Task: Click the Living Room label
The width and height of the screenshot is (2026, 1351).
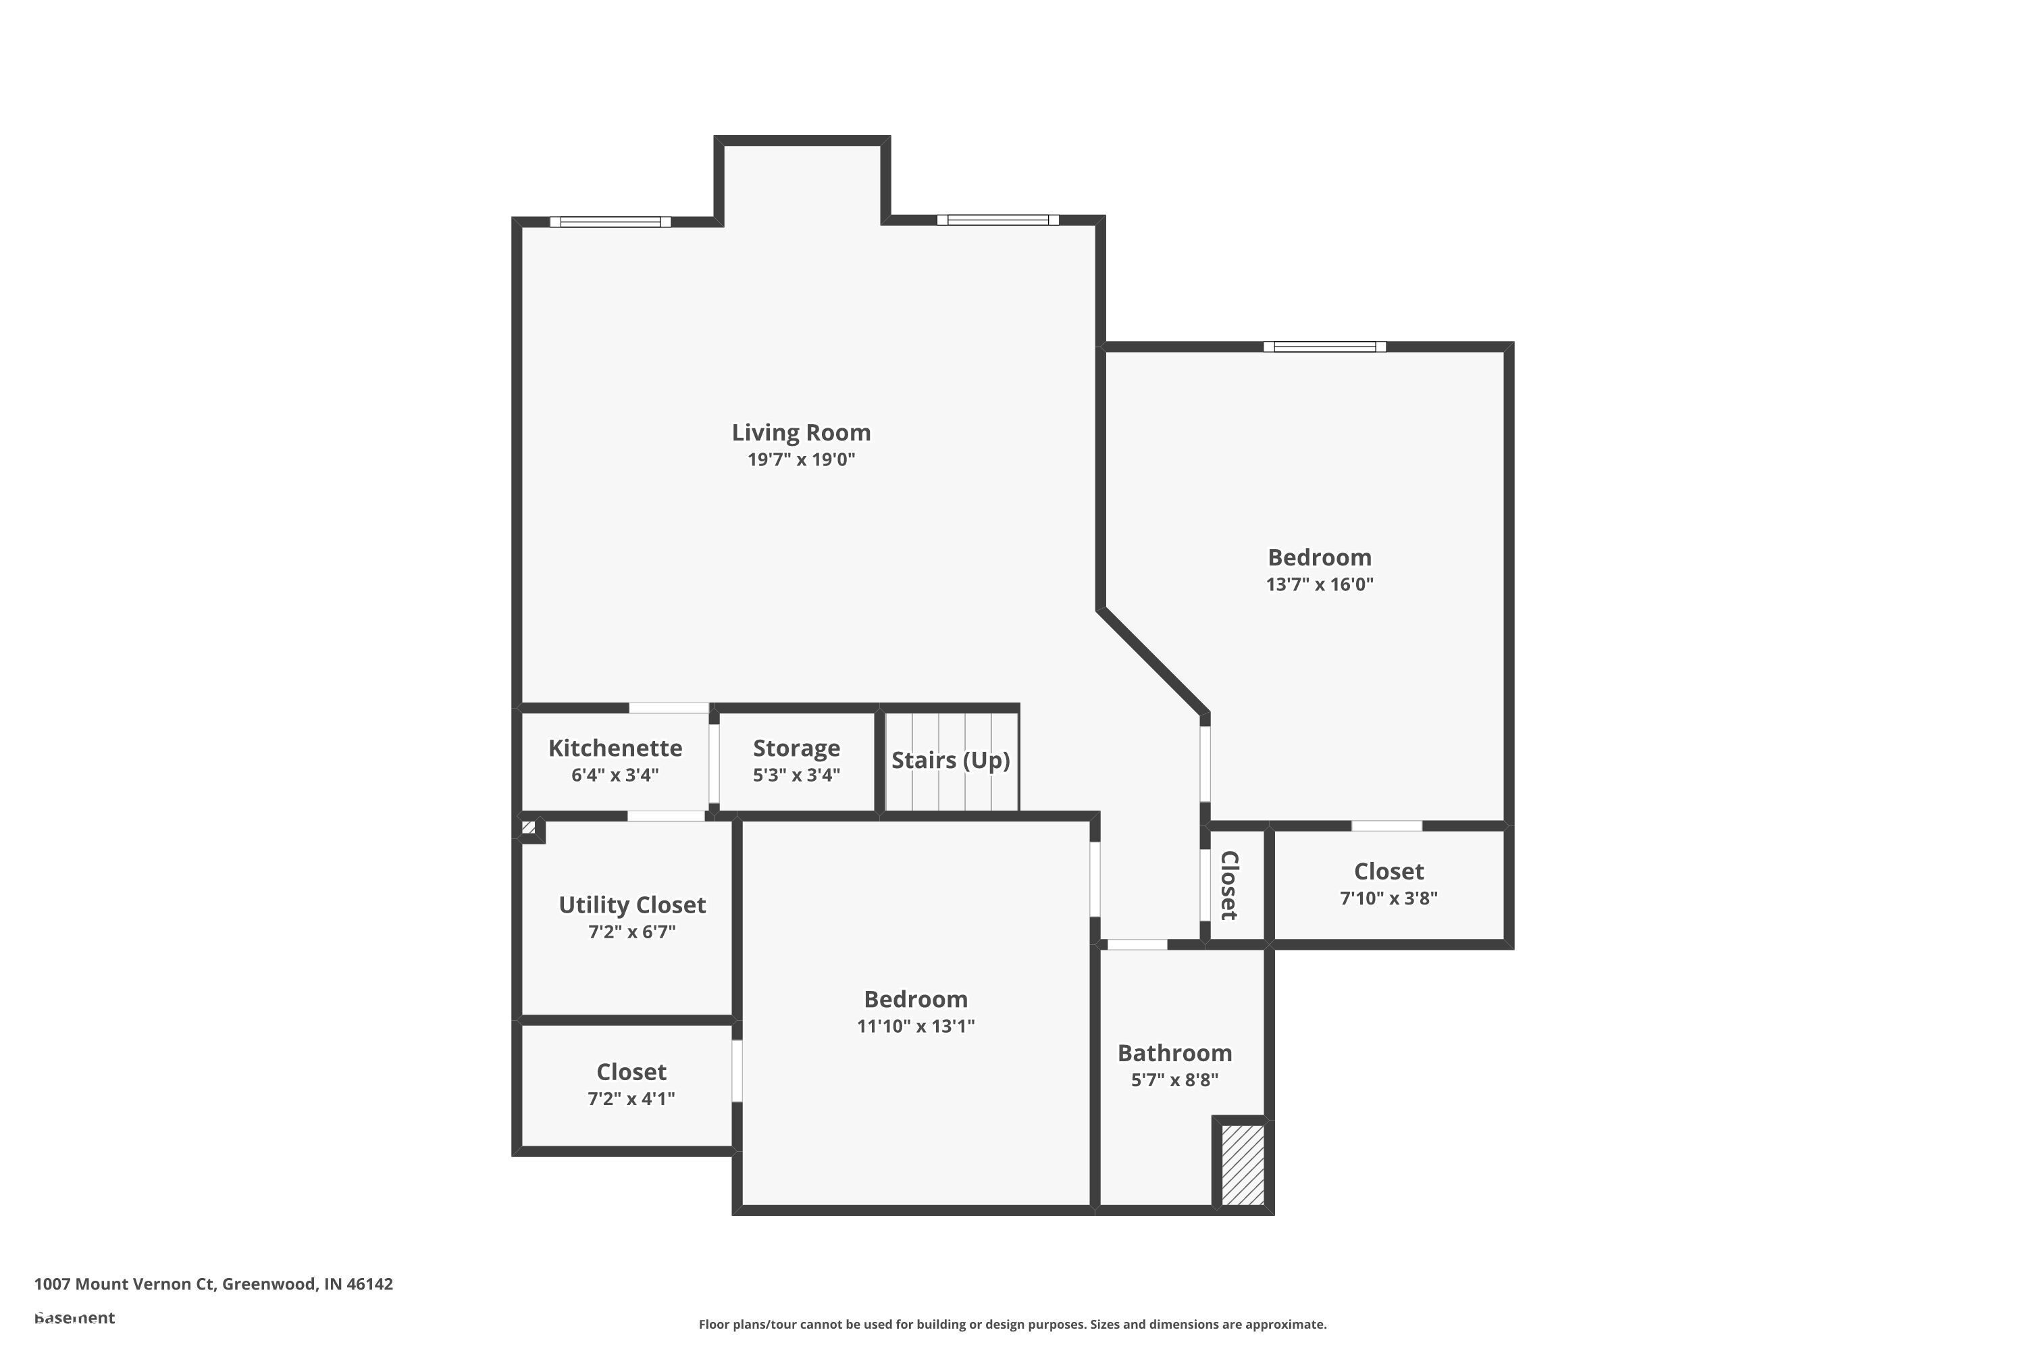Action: point(801,432)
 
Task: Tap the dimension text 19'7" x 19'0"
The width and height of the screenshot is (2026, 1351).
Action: point(801,459)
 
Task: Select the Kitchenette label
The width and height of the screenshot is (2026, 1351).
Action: point(615,748)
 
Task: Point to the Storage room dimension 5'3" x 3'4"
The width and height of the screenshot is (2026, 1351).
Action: point(796,775)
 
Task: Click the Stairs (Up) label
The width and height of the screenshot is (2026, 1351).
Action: point(950,760)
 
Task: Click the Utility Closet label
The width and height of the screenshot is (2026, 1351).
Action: point(631,904)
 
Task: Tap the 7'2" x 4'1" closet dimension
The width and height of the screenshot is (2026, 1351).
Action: point(631,1098)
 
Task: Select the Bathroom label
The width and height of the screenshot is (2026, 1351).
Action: point(1174,1053)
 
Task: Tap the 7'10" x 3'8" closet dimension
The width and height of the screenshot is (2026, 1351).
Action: point(1388,898)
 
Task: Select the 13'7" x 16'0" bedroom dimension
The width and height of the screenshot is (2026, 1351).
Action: point(1319,584)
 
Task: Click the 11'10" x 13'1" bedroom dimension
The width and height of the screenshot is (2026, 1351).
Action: point(916,1025)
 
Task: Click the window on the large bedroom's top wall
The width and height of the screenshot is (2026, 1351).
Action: point(1325,347)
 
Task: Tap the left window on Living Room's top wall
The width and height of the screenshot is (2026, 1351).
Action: point(610,222)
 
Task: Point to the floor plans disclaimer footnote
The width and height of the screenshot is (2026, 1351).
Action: point(1012,1324)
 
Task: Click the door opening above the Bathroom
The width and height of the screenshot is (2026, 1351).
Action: point(1137,945)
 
